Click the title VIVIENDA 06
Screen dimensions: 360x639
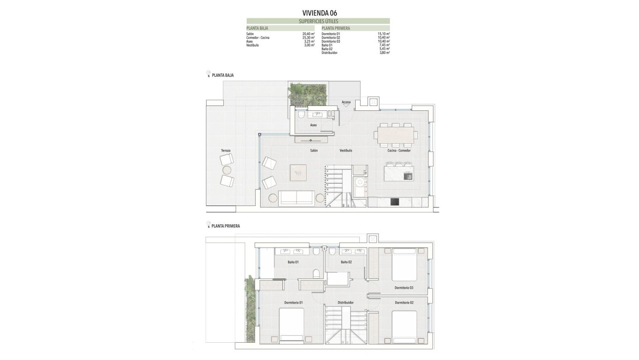(x=319, y=13)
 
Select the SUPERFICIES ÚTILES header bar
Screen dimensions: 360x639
(x=318, y=21)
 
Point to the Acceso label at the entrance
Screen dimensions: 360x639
(x=346, y=103)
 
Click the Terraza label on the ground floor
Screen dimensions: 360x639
(x=226, y=150)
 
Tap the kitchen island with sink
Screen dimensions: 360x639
(x=398, y=175)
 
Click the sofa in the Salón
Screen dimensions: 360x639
(x=296, y=198)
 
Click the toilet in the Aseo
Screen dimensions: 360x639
(x=301, y=115)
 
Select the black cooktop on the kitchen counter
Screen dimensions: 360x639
(x=395, y=202)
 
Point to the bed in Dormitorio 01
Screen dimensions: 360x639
(x=292, y=325)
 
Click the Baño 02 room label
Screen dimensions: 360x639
(x=346, y=261)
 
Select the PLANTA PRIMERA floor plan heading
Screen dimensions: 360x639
(x=225, y=226)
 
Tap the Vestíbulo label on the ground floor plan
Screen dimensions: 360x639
(x=346, y=150)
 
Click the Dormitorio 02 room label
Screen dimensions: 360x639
(x=404, y=303)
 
